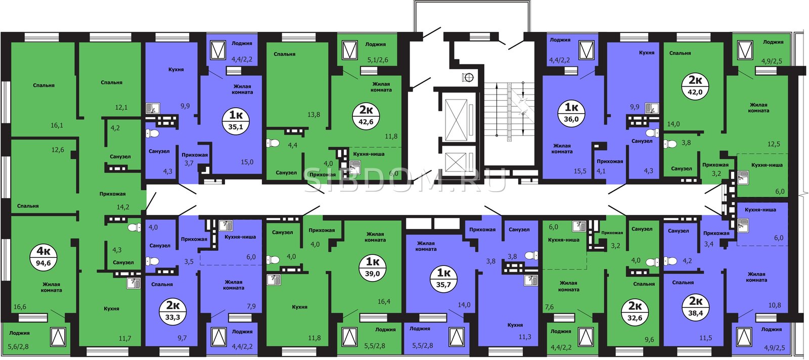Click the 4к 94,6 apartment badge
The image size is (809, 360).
[43, 256]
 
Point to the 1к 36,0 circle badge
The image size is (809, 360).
[571, 113]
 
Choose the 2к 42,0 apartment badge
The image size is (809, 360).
[695, 86]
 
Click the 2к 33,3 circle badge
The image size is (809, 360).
[173, 311]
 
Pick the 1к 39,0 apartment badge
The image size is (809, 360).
[372, 267]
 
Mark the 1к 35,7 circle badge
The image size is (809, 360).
[443, 278]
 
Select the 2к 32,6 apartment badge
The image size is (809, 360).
[635, 312]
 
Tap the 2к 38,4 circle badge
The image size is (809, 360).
[696, 307]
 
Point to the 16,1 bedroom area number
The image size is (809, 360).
[57, 126]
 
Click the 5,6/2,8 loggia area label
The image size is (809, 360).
[19, 347]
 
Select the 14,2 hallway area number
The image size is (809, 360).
[123, 207]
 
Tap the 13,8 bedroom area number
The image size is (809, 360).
[313, 115]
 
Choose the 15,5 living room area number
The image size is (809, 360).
[580, 171]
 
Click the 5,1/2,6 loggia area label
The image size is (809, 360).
[378, 60]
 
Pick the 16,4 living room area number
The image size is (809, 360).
[384, 301]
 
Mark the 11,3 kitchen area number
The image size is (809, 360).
[525, 337]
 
